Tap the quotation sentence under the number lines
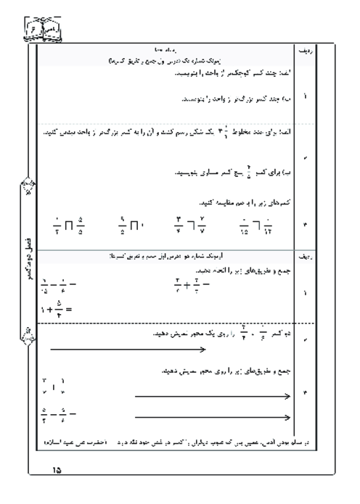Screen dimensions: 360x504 160,441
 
